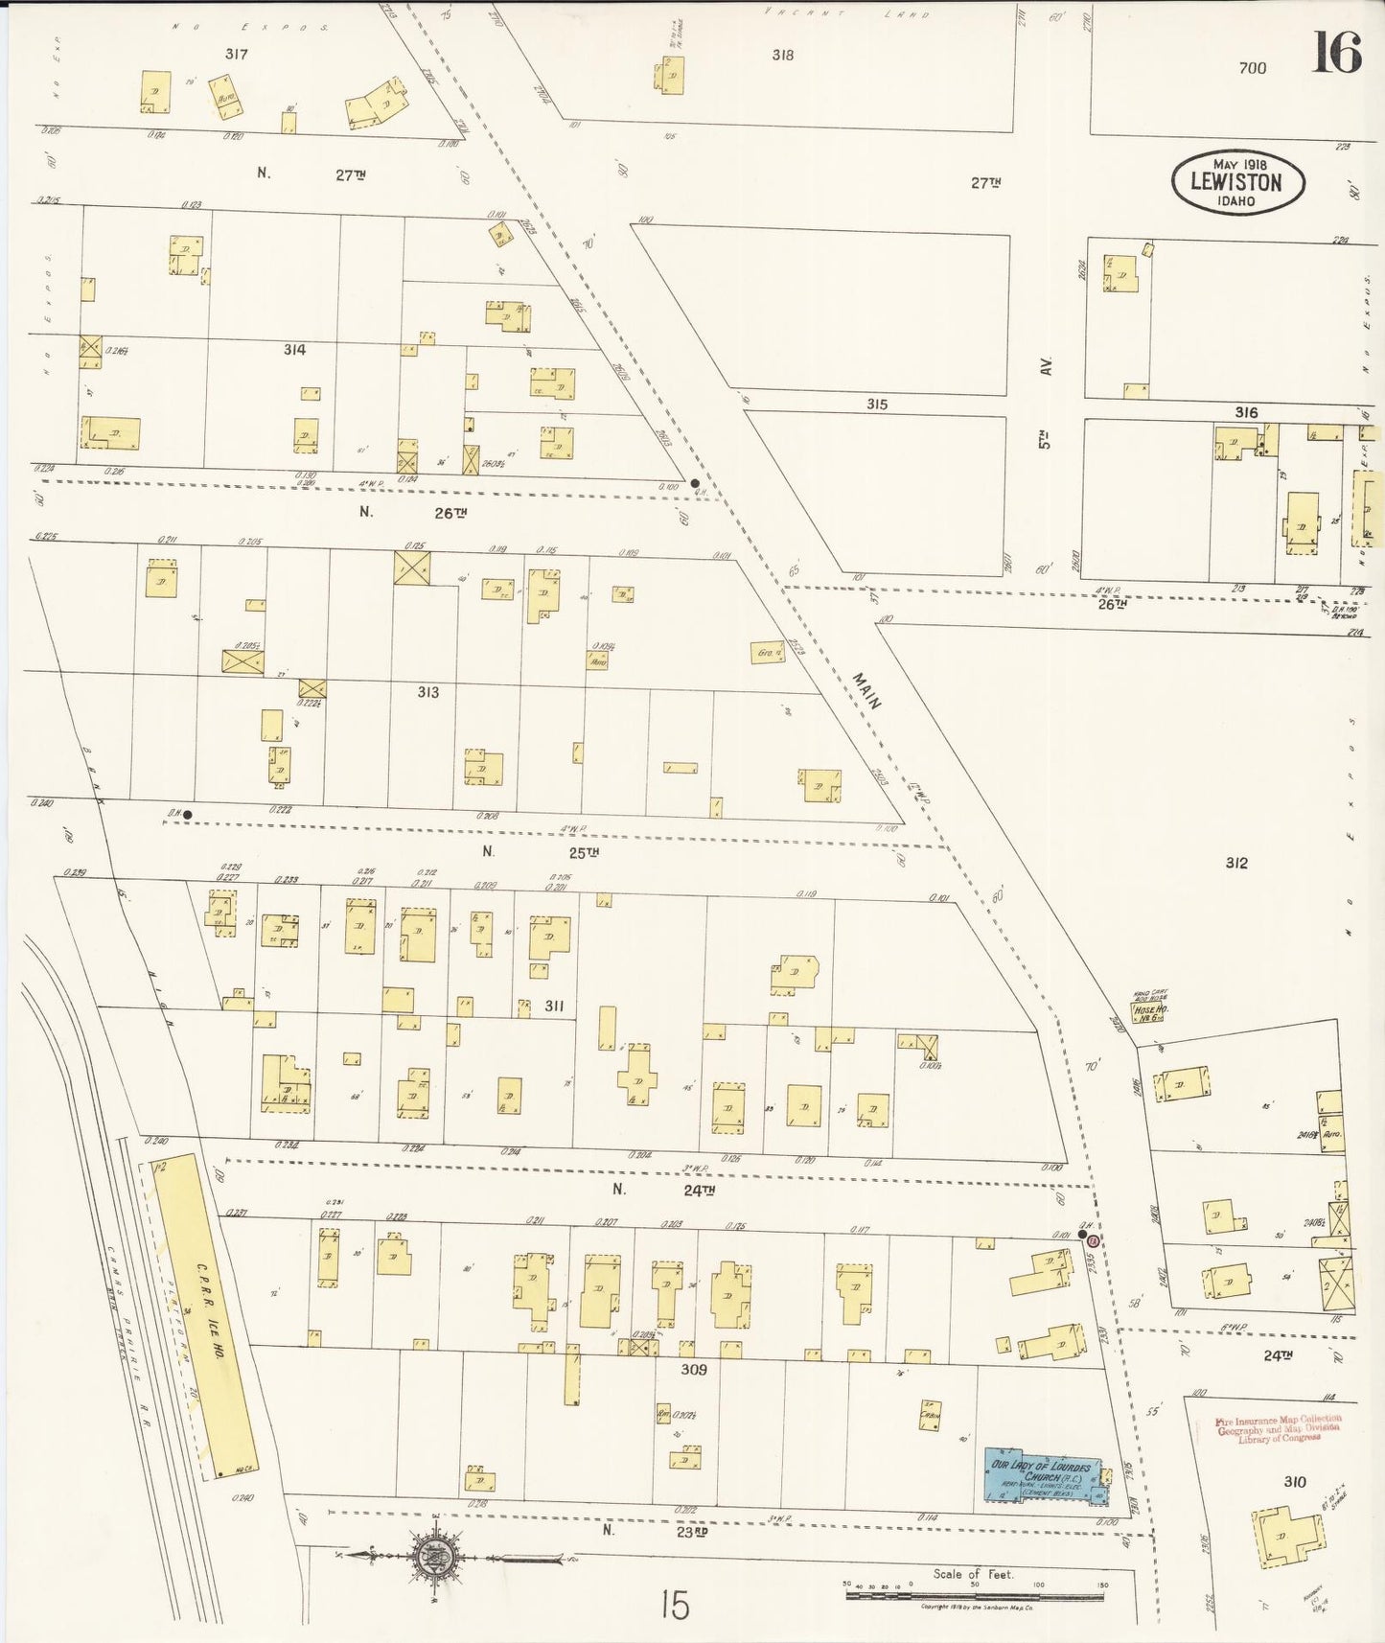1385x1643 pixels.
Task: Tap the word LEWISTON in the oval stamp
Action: click(1235, 182)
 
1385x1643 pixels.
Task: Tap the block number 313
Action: click(427, 692)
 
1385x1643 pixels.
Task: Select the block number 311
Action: click(554, 1006)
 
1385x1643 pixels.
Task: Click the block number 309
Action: click(693, 1370)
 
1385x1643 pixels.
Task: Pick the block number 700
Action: click(1252, 68)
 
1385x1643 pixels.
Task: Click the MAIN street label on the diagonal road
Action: click(866, 690)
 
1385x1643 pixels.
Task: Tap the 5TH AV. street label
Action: click(1046, 403)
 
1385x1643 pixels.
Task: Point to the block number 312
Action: click(1236, 863)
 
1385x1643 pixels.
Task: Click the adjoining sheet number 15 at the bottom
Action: click(675, 1605)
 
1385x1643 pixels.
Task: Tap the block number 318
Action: click(782, 56)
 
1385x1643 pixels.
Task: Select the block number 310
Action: click(1294, 1482)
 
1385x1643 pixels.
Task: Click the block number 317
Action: click(236, 55)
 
